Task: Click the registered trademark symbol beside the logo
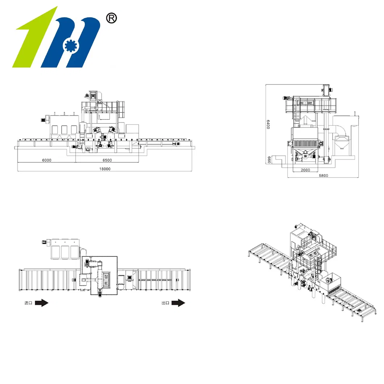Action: (x=111, y=18)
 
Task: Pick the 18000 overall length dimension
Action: (x=105, y=169)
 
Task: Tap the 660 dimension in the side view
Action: (x=269, y=160)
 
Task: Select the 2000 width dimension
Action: (x=305, y=170)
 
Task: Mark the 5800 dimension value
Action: (x=323, y=176)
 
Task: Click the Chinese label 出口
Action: (x=165, y=303)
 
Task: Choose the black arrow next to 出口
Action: (x=178, y=303)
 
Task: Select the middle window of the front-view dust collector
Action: (x=64, y=130)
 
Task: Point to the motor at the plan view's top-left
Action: (x=46, y=242)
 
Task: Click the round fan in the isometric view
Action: (x=330, y=280)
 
